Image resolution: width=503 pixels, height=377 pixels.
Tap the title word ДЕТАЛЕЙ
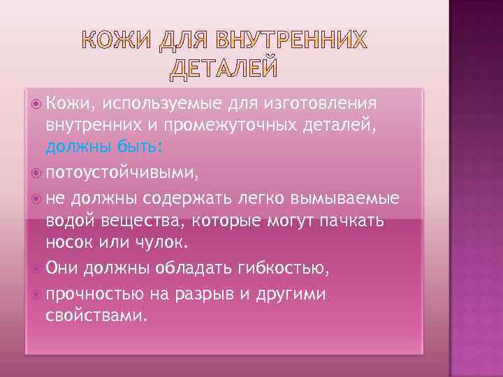(224, 68)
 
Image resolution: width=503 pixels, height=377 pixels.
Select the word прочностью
(95, 293)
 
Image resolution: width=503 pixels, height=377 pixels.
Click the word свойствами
(96, 316)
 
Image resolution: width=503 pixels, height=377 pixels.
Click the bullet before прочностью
(37, 293)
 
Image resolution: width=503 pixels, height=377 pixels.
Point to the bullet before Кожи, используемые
(37, 104)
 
